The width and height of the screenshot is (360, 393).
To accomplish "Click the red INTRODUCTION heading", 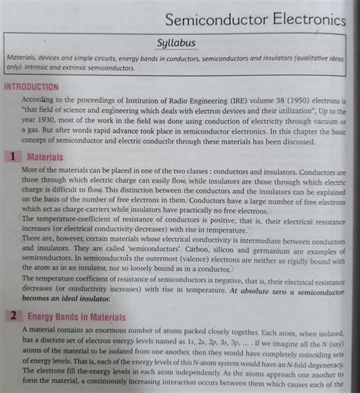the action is point(31,87).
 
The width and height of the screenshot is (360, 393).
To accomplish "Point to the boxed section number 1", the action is point(13,156).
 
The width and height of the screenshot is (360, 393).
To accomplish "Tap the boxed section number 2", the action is point(13,315).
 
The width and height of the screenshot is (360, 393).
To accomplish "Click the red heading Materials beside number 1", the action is point(46,156).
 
